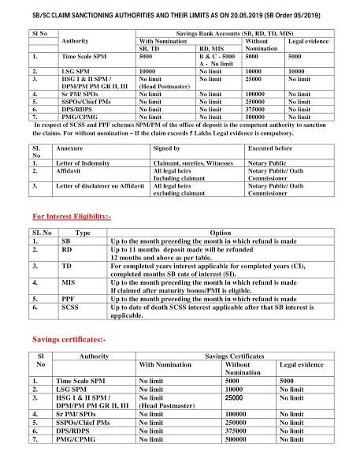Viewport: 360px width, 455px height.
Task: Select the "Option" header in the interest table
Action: [222, 233]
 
